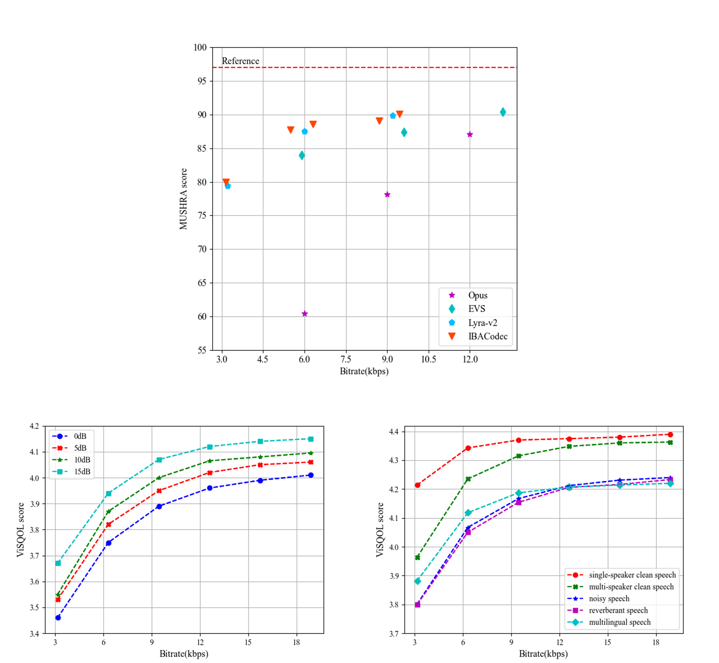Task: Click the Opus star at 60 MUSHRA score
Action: point(305,314)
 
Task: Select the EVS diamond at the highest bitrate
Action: point(503,112)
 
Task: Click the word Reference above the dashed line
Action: point(240,61)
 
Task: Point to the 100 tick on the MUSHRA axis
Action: point(200,47)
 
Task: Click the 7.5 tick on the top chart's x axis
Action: point(346,359)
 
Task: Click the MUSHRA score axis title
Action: point(183,199)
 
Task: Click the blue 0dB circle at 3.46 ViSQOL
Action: point(58,617)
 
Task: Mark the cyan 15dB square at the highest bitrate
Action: point(311,439)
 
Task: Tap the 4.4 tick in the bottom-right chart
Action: point(394,432)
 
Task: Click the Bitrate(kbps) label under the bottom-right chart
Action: point(543,654)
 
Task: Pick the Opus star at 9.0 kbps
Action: point(387,194)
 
